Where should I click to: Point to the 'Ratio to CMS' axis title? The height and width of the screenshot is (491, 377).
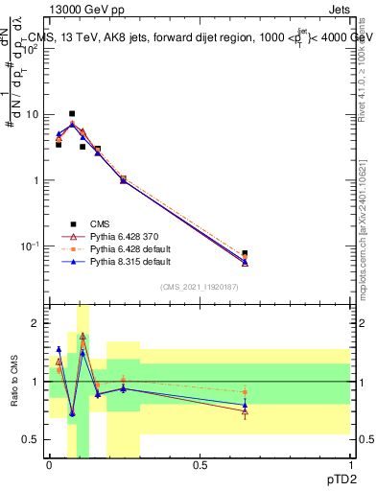(x=12, y=381)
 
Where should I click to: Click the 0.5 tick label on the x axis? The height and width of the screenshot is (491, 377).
(x=200, y=465)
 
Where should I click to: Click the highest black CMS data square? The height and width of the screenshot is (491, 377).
(x=72, y=113)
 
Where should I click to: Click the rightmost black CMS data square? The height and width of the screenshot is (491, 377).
(x=245, y=254)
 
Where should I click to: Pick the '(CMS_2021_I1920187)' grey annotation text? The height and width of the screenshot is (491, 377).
(x=199, y=287)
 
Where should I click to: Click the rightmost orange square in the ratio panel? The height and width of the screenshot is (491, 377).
(x=245, y=392)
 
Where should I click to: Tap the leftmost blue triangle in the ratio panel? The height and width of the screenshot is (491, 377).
(x=59, y=349)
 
